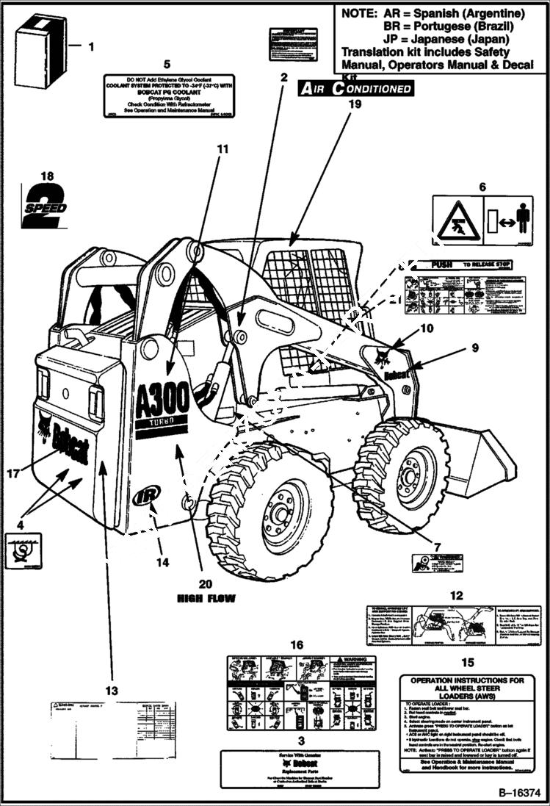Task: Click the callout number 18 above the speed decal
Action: click(x=48, y=176)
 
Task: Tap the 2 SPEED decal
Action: click(x=44, y=205)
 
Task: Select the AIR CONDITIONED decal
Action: click(x=355, y=89)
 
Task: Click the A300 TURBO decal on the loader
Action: click(x=162, y=407)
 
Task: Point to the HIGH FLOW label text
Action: click(x=206, y=599)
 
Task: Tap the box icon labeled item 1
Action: click(x=41, y=43)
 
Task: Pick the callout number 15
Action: click(x=467, y=662)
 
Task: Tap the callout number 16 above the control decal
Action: click(x=296, y=644)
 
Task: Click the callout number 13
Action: click(x=111, y=690)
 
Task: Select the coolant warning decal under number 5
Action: click(x=168, y=96)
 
